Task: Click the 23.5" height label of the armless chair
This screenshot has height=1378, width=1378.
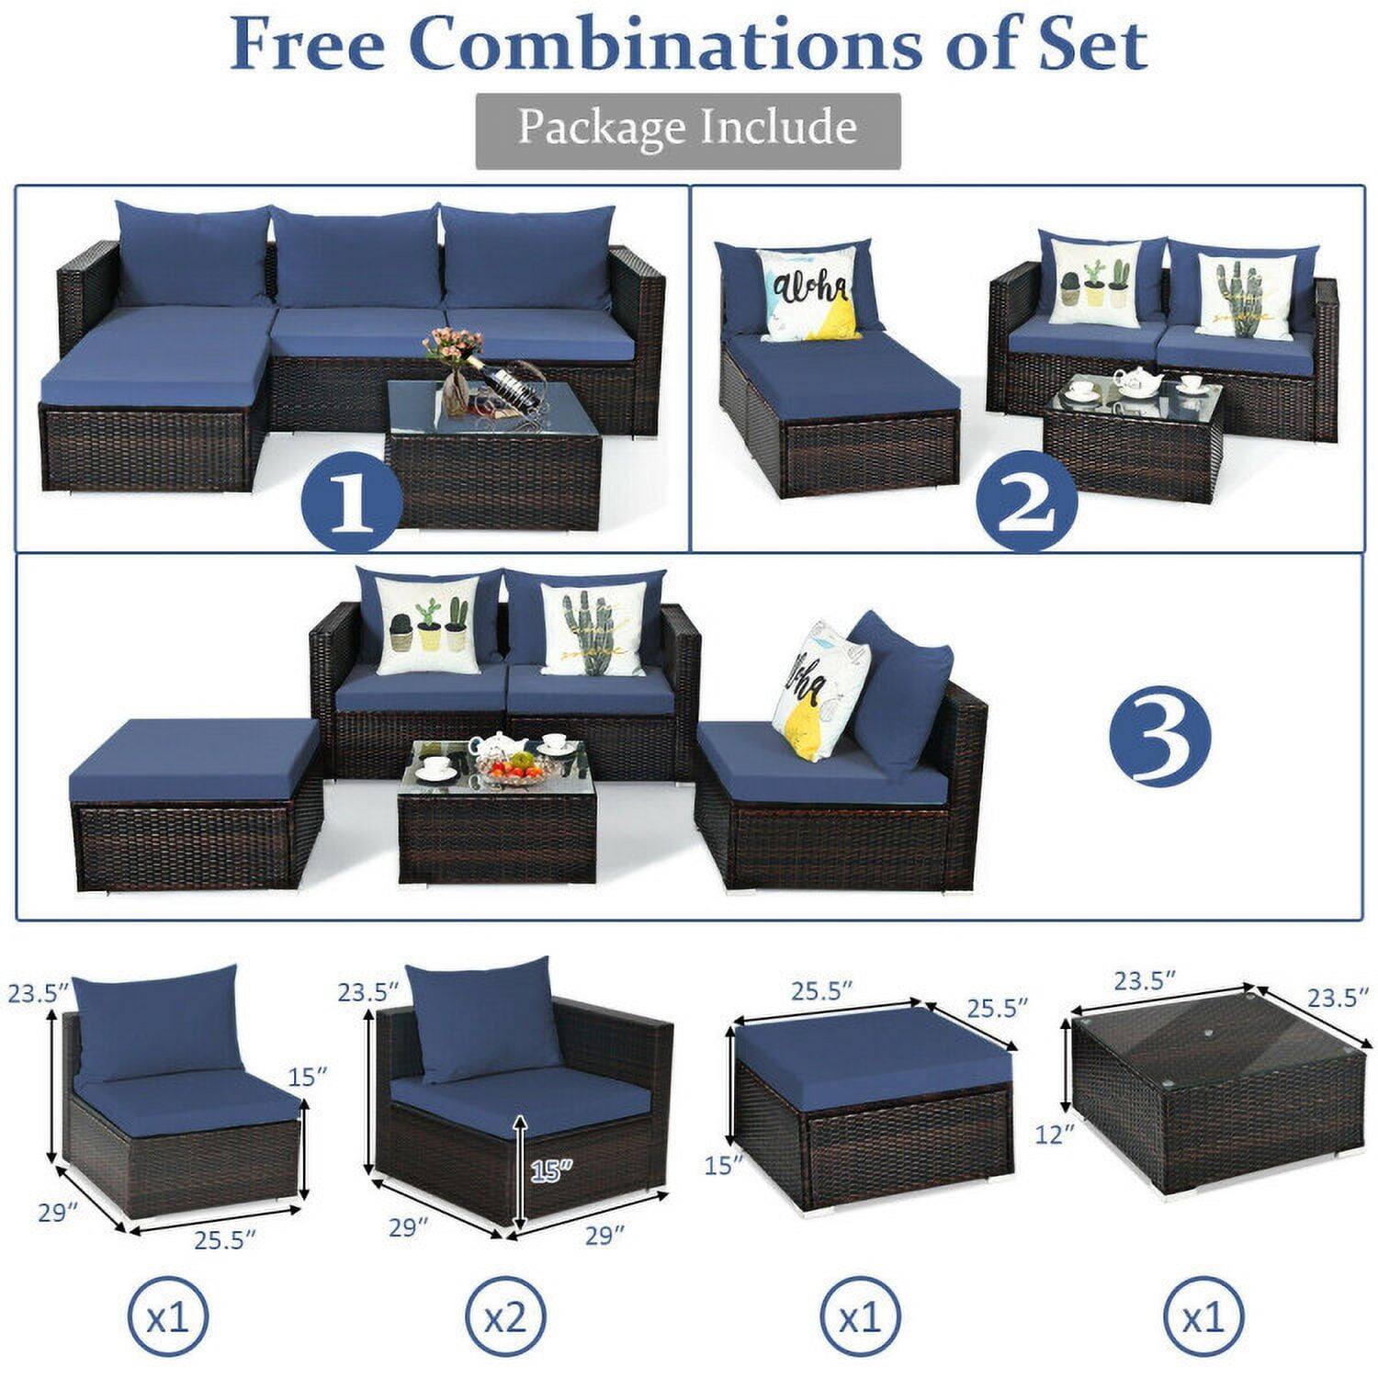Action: tap(38, 993)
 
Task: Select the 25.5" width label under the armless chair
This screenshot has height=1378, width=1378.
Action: tap(223, 1241)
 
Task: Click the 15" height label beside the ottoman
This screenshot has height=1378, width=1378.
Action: tap(724, 1166)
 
